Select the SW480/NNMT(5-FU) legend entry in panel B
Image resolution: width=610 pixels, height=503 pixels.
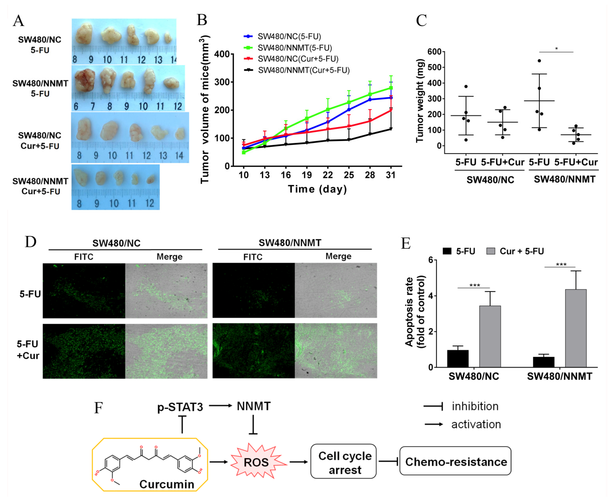(x=294, y=48)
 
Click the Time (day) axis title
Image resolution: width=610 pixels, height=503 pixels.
(x=317, y=189)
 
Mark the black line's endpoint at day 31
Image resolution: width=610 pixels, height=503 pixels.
(x=391, y=129)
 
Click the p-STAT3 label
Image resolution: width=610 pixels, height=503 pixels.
(x=180, y=407)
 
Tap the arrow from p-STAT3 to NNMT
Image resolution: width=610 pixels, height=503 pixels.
(x=220, y=406)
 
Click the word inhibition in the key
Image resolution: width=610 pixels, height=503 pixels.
(x=475, y=406)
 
